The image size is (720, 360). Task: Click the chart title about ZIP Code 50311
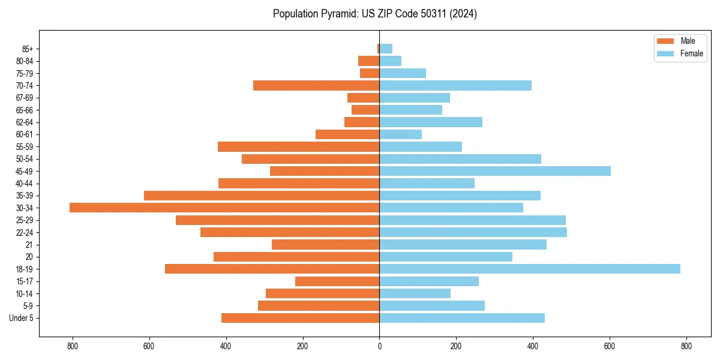(x=374, y=14)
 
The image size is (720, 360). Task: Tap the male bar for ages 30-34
(x=224, y=208)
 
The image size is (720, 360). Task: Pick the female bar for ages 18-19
(x=530, y=269)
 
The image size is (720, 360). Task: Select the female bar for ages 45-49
(x=495, y=171)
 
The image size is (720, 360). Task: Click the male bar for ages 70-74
(x=316, y=85)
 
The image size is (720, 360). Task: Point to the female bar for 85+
(x=386, y=49)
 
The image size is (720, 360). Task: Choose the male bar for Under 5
(x=300, y=318)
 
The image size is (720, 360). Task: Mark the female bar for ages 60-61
(x=400, y=134)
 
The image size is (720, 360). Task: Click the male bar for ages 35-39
(x=262, y=196)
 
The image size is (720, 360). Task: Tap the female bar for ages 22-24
(x=473, y=232)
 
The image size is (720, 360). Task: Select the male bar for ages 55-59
(x=298, y=146)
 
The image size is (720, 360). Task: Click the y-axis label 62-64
(x=25, y=122)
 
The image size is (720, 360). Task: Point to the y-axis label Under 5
(x=21, y=318)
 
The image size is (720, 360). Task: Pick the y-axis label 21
(x=29, y=245)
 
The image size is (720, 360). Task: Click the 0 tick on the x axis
(x=379, y=346)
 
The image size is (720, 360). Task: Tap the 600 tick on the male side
(x=149, y=346)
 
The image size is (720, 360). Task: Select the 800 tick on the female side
(x=686, y=346)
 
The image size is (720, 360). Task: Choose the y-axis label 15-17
(x=25, y=281)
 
